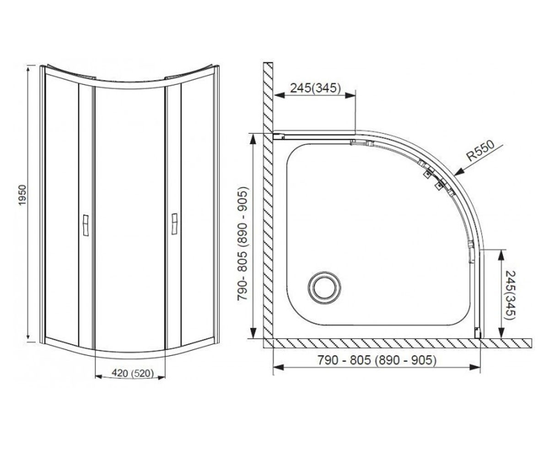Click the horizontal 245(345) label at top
[x=315, y=88]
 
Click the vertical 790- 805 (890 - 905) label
[x=242, y=244]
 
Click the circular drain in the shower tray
[x=324, y=288]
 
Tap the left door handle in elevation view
[x=85, y=225]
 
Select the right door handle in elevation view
[x=174, y=224]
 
